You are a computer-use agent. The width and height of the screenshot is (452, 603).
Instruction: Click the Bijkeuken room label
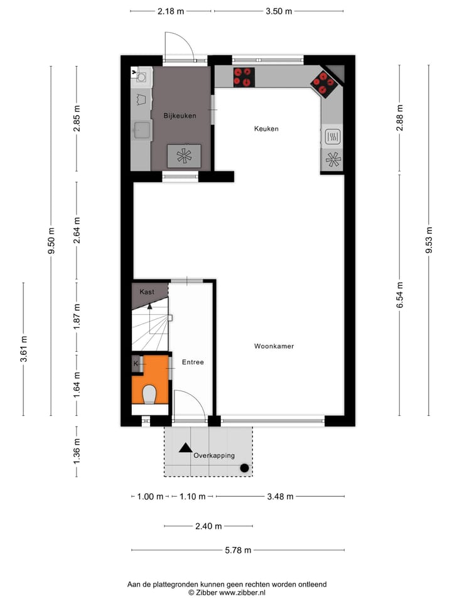(x=180, y=116)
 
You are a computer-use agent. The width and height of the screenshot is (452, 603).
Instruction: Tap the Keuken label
(x=266, y=129)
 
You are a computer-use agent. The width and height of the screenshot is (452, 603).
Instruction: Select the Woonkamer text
(x=274, y=346)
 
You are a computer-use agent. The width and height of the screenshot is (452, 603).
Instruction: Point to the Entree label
(x=193, y=362)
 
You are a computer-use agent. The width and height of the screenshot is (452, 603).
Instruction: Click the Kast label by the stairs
(x=147, y=292)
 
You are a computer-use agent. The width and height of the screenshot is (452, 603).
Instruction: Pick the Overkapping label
(x=214, y=455)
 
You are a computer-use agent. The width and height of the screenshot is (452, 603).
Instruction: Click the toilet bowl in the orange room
(x=149, y=394)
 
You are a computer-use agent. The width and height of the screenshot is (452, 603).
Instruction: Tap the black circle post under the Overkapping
(x=244, y=467)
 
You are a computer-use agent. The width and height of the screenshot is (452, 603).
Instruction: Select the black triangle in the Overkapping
(x=185, y=448)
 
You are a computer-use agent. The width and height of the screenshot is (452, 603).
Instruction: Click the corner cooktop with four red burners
(x=325, y=82)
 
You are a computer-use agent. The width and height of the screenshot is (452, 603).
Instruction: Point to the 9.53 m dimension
(x=429, y=239)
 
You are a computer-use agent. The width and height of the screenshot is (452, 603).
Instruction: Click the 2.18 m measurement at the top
(x=171, y=11)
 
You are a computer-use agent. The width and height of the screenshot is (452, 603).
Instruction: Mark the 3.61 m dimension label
(x=24, y=349)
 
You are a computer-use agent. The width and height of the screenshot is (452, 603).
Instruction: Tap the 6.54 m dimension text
(x=400, y=295)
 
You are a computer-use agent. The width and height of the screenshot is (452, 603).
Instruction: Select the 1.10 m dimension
(x=192, y=496)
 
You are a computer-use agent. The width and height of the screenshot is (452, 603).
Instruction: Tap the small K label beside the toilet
(x=136, y=363)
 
